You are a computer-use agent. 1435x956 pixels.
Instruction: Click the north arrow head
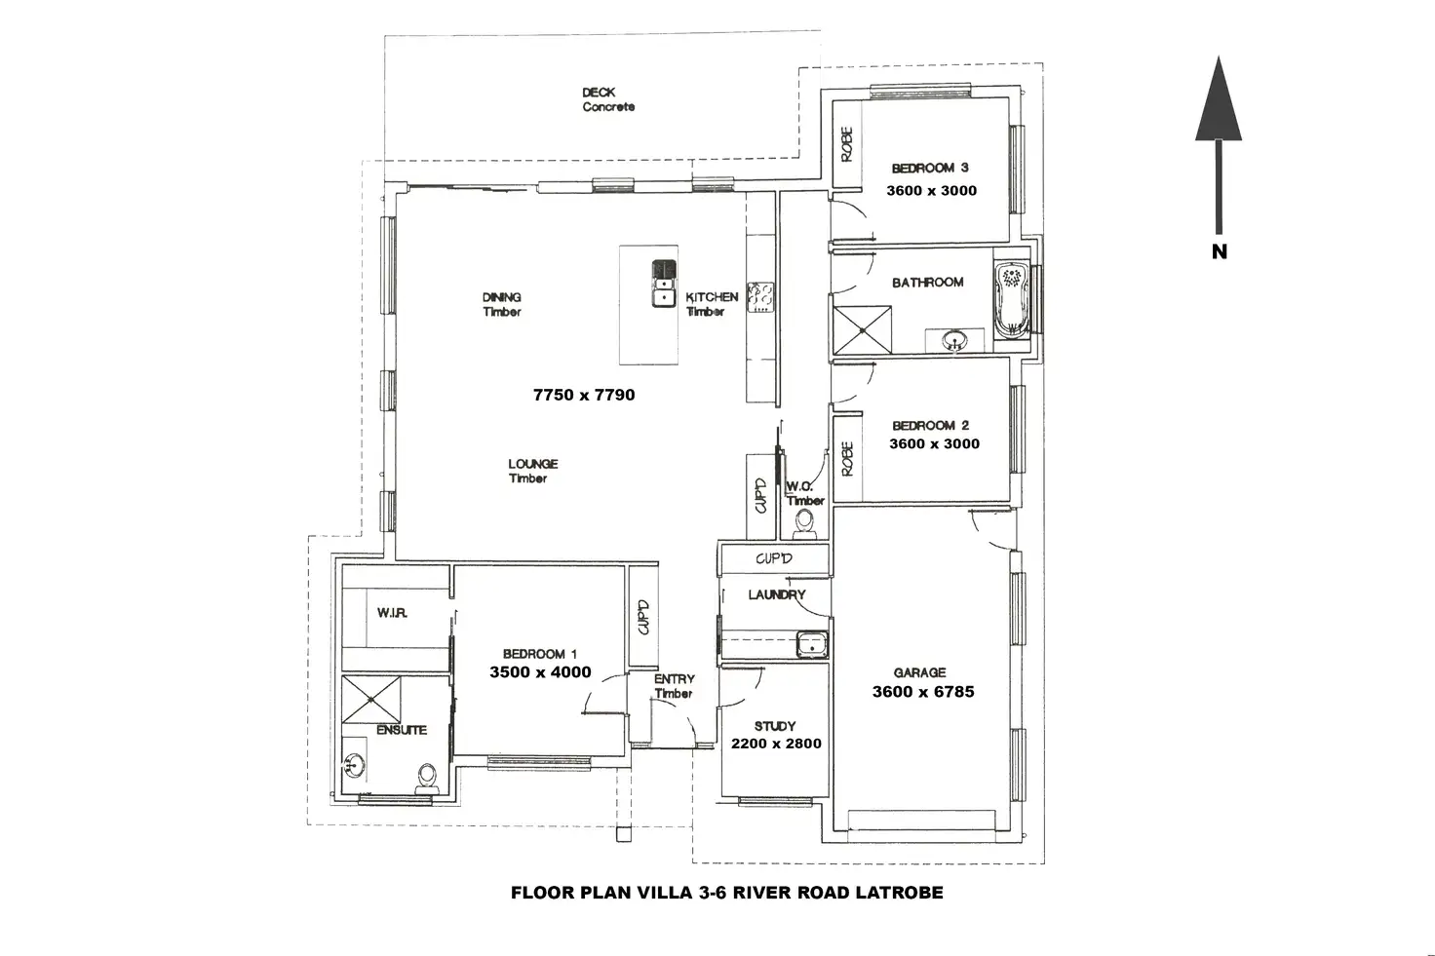(x=1219, y=101)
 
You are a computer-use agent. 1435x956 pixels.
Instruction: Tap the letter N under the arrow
(x=1219, y=251)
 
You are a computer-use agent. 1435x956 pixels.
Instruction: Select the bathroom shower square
(x=862, y=328)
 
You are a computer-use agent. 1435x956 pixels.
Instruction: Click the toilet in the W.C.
(x=805, y=525)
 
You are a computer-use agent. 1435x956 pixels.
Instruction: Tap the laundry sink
(x=811, y=643)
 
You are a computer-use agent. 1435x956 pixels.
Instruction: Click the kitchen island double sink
(x=664, y=283)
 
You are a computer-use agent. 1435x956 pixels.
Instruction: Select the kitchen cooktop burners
(x=760, y=296)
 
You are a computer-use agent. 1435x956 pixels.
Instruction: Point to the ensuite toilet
(x=426, y=777)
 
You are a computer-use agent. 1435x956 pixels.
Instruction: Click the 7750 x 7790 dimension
(x=584, y=395)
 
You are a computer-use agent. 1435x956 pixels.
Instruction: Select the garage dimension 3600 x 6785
(x=922, y=692)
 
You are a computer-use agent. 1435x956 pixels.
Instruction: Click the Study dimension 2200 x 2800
(x=776, y=744)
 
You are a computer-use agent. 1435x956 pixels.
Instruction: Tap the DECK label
(x=599, y=93)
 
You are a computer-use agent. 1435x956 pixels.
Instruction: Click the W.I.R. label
(x=392, y=613)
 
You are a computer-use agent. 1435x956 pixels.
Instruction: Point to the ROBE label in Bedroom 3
(x=846, y=144)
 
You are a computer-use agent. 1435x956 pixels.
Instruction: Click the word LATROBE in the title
(x=898, y=892)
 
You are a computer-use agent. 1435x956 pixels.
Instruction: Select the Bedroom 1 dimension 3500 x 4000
(x=540, y=671)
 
